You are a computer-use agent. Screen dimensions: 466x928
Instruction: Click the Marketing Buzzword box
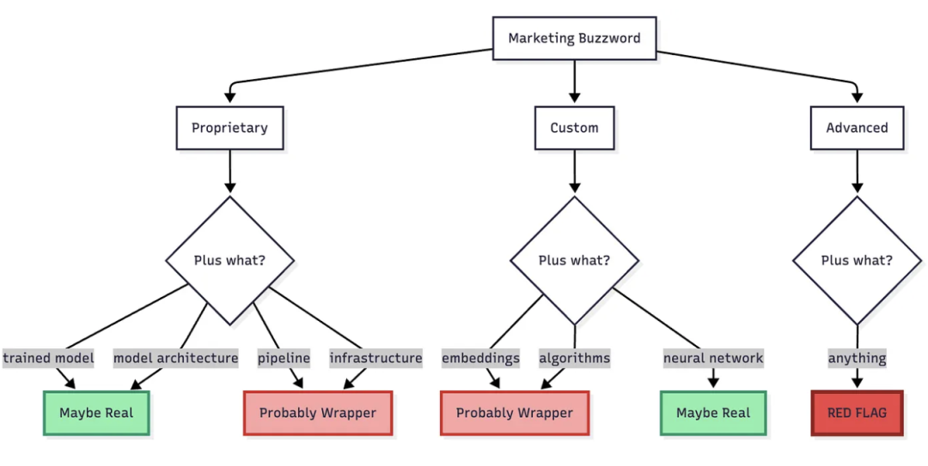(x=574, y=38)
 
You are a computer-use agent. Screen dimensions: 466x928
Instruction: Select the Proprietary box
(x=229, y=128)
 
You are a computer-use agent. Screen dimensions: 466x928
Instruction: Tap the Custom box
(x=574, y=128)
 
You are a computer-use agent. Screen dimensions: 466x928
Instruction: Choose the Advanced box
(x=857, y=128)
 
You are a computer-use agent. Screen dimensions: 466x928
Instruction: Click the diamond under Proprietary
(x=229, y=260)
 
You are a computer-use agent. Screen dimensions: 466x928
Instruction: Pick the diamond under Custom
(x=574, y=260)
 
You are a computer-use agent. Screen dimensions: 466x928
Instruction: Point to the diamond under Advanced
(x=857, y=260)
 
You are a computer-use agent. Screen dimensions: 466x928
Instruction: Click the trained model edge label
(x=48, y=358)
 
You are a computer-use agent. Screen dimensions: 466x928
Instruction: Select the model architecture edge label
(x=175, y=358)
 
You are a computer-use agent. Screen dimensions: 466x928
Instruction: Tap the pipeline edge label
(x=284, y=358)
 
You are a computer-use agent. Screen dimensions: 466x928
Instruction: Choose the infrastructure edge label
(x=375, y=358)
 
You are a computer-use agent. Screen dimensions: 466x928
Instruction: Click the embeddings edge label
(x=480, y=358)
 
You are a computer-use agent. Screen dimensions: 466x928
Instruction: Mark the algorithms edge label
(x=574, y=358)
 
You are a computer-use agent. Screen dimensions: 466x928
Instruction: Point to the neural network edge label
(x=713, y=358)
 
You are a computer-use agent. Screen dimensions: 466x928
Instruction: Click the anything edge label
(x=857, y=358)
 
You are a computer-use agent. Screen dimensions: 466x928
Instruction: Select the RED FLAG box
(x=857, y=413)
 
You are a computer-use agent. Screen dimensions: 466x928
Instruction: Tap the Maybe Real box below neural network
(x=713, y=413)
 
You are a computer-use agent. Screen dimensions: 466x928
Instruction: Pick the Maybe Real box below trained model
(x=96, y=413)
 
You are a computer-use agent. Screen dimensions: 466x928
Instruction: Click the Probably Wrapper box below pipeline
(x=318, y=413)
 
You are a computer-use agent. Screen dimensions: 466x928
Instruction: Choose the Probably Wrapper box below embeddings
(x=514, y=413)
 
